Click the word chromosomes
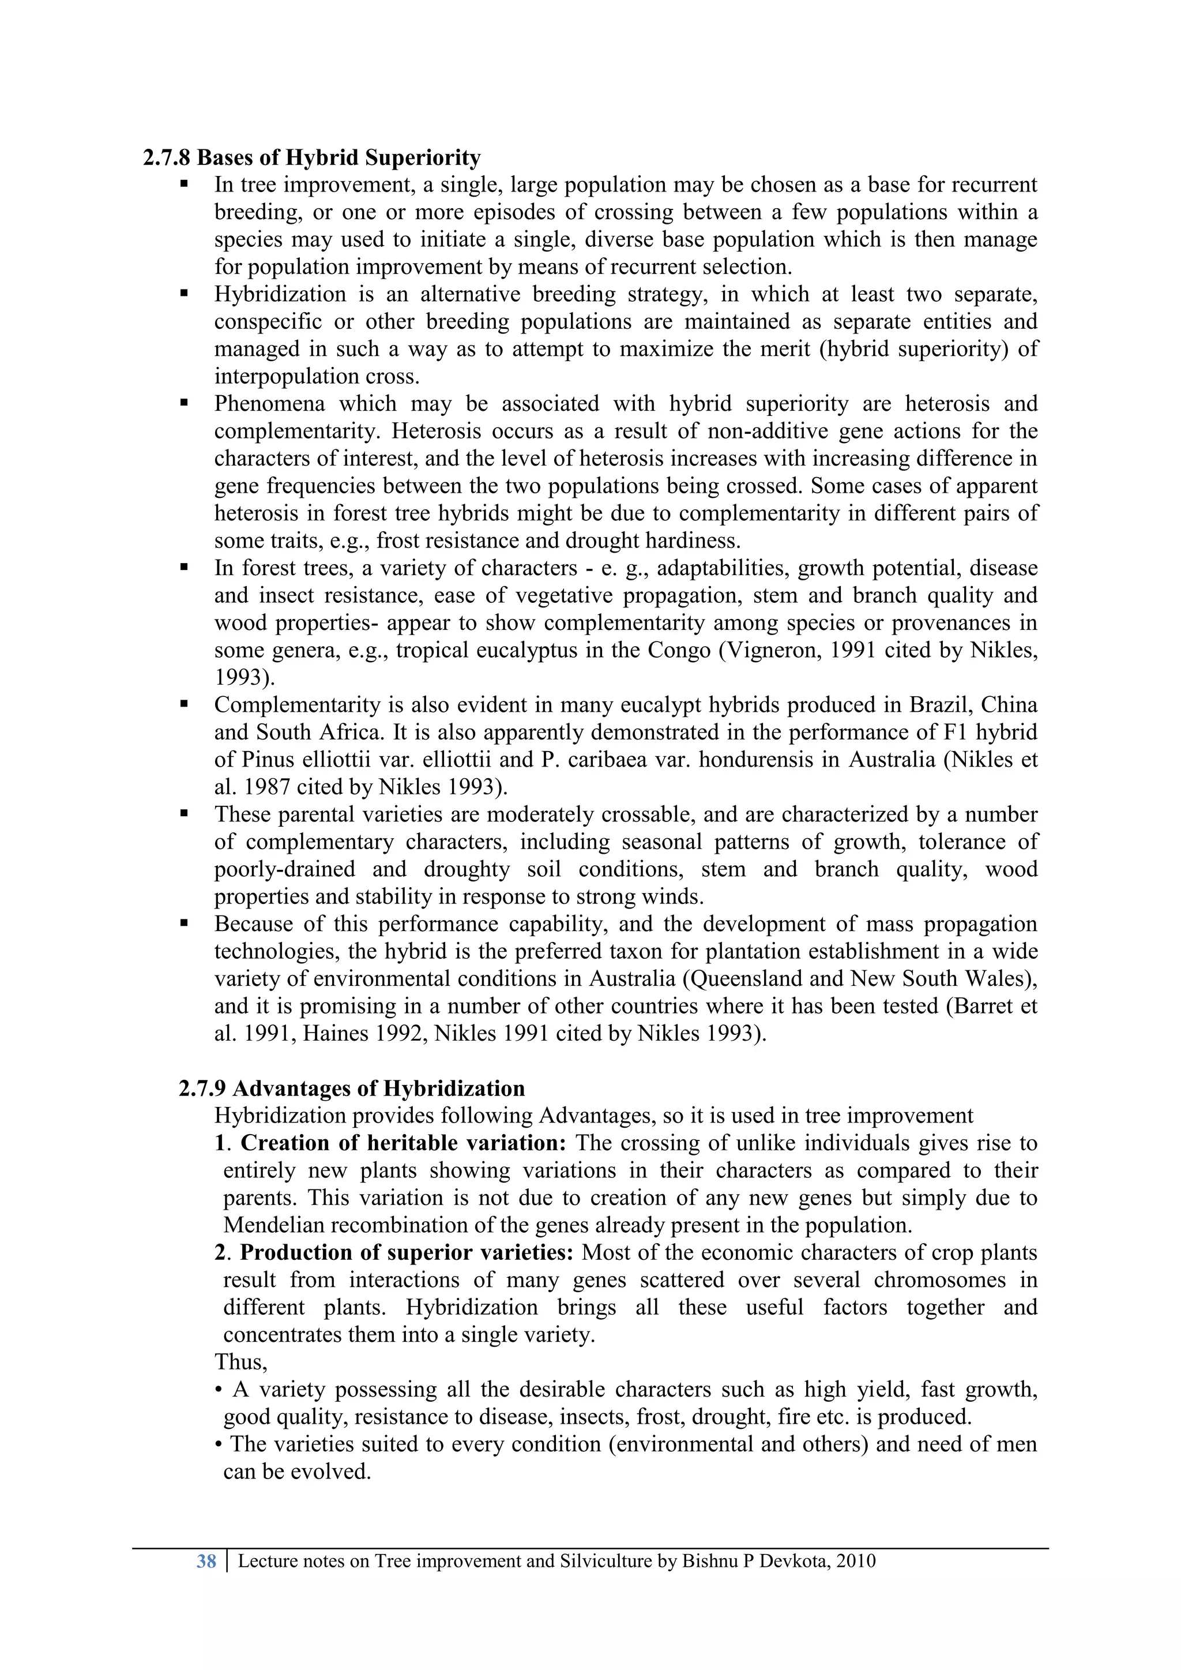(938, 1280)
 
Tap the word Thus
(240, 1361)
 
